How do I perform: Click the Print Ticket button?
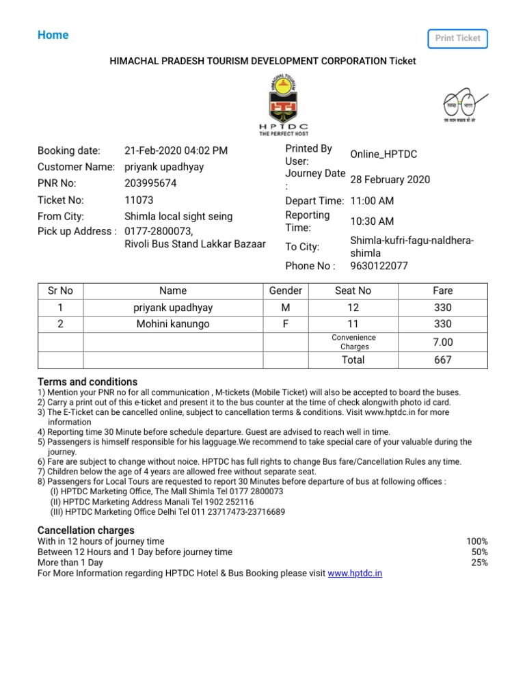coord(458,38)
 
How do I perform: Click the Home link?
coord(53,35)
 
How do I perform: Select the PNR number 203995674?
coord(150,183)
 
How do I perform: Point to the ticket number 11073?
coord(139,200)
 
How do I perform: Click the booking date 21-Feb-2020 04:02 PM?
coord(176,150)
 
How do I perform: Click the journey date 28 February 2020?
coord(390,179)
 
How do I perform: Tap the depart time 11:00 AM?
coord(372,201)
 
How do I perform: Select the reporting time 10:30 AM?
coord(372,221)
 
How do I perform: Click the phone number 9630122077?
coord(379,266)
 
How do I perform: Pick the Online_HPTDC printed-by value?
coord(383,154)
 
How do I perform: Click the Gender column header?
coord(286,291)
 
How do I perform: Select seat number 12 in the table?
coord(353,308)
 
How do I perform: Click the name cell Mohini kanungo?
coord(173,324)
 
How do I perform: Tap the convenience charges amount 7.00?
coord(442,342)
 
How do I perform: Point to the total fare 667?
coord(442,360)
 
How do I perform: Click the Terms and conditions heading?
coord(87,381)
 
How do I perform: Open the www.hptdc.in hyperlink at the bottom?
coord(355,574)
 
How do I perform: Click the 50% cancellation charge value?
coord(479,552)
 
